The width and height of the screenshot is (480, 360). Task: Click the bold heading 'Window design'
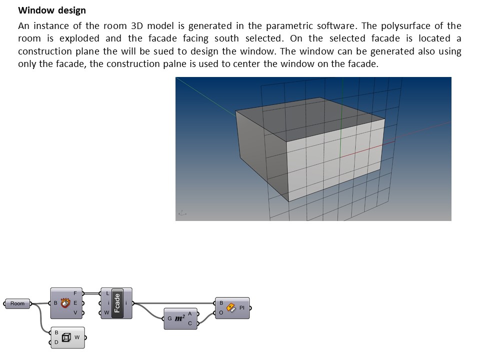[52, 10]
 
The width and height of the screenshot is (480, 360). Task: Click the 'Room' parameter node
[17, 303]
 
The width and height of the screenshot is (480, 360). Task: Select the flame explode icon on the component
[65, 303]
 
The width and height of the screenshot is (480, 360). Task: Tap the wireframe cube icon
[65, 337]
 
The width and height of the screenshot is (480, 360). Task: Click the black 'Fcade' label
[117, 303]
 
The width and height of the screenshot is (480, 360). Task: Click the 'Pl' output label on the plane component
[242, 308]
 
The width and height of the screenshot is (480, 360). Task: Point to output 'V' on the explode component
[75, 312]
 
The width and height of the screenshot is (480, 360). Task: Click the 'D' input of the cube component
[56, 342]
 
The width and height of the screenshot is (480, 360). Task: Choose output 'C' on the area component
[190, 323]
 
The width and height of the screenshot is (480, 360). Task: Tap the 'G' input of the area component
[169, 318]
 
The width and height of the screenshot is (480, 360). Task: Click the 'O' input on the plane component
[221, 313]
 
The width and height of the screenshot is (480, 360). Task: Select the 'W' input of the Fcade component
[106, 313]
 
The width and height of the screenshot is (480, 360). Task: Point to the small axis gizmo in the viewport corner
[182, 213]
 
